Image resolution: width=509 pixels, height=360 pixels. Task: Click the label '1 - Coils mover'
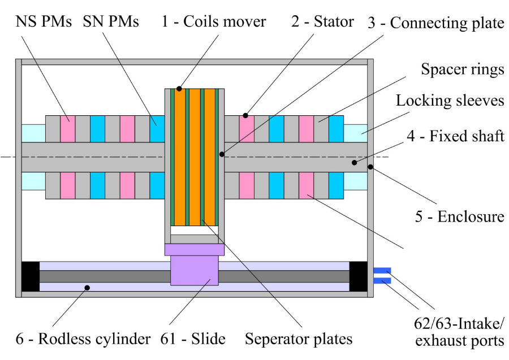pos(213,22)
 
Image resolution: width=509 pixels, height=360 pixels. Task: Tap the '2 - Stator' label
pos(323,22)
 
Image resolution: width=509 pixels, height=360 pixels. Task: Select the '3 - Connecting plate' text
pos(435,23)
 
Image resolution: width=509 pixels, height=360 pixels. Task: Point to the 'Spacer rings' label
pos(463,70)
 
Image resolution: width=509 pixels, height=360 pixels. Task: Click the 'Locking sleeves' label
pos(450,101)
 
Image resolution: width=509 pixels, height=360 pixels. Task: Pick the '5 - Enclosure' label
pos(459,216)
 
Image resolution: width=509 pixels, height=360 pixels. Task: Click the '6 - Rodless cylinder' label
pos(76,339)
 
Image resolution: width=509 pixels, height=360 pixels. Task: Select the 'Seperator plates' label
pos(299,339)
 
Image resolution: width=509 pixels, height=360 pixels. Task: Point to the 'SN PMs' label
pos(111,22)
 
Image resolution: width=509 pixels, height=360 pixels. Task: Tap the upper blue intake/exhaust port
pos(382,270)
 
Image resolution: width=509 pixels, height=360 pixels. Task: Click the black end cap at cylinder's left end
pos(31,276)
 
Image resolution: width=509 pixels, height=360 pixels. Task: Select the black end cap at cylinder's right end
pos(359,276)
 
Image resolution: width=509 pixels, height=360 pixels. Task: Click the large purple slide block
pos(195,270)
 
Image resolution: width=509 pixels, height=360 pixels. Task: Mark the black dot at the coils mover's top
pos(179,88)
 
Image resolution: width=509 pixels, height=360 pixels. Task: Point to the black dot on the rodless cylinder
pos(87,288)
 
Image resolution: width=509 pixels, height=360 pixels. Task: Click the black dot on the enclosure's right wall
pos(370,167)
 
